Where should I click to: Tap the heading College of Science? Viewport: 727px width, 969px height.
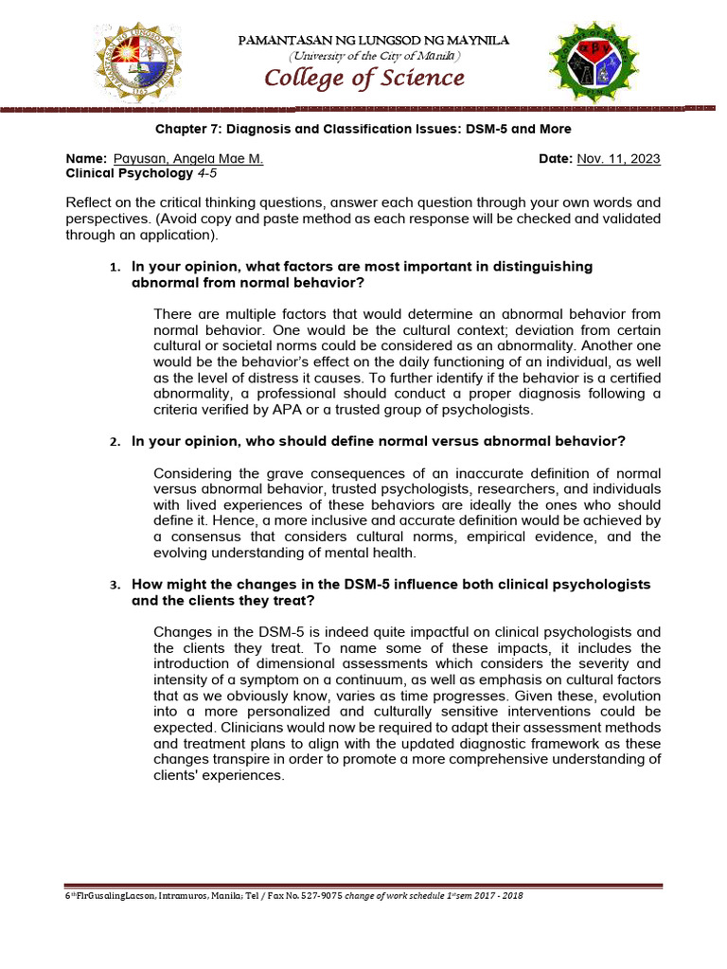pyautogui.click(x=364, y=79)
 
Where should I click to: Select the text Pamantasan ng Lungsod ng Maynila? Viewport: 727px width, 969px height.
pyautogui.click(x=375, y=40)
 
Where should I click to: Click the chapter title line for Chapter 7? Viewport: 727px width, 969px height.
pyautogui.click(x=363, y=129)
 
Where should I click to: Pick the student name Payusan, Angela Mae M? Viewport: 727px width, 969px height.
pyautogui.click(x=188, y=159)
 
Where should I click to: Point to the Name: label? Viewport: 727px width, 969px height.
pyautogui.click(x=87, y=159)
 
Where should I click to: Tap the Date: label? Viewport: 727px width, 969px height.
pyautogui.click(x=556, y=159)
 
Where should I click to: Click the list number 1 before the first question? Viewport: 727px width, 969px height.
pyautogui.click(x=115, y=268)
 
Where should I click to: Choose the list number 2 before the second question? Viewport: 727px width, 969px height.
pyautogui.click(x=115, y=443)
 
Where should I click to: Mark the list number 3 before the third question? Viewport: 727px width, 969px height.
pyautogui.click(x=115, y=586)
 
